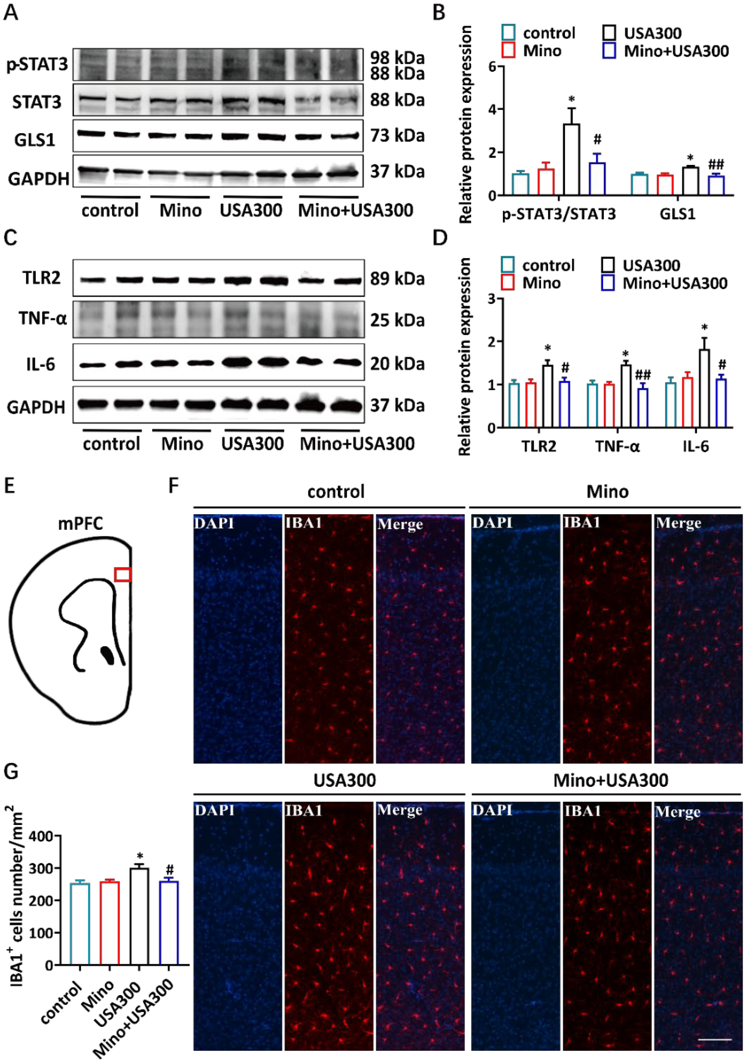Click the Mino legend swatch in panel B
[508, 50]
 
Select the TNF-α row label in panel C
[42, 318]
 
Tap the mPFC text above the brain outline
[80, 524]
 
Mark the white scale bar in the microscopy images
[714, 1039]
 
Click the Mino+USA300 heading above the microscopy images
[611, 780]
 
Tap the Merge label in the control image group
[400, 524]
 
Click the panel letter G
[11, 772]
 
